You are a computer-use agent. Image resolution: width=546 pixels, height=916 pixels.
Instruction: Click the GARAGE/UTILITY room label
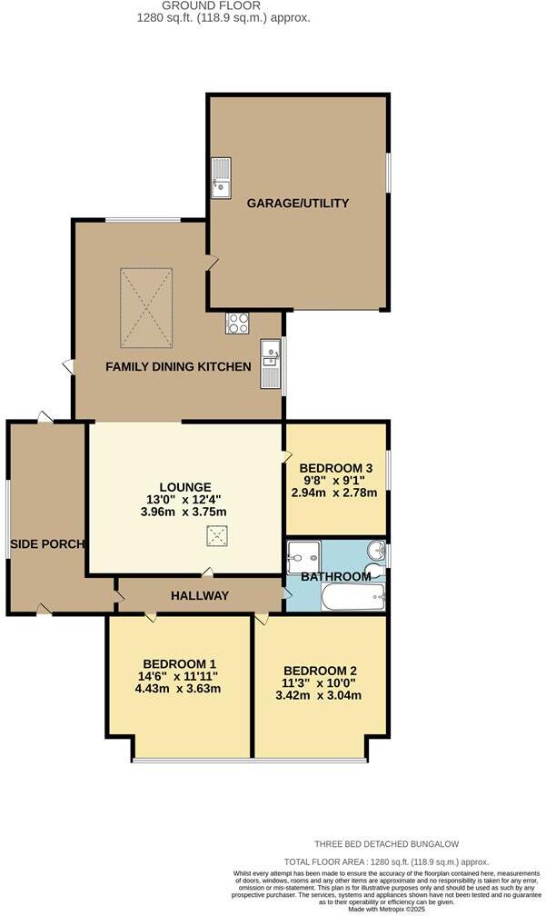(298, 204)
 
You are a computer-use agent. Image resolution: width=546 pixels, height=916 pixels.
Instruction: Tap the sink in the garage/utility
(221, 178)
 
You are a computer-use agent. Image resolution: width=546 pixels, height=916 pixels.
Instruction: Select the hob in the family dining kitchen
(237, 324)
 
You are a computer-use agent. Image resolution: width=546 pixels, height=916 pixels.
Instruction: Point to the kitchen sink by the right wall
(271, 363)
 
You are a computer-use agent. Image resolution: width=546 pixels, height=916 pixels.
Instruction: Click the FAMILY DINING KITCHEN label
(178, 367)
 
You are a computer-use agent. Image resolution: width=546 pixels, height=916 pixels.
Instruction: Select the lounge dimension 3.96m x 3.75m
(184, 512)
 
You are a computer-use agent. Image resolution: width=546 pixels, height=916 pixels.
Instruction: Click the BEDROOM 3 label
(336, 468)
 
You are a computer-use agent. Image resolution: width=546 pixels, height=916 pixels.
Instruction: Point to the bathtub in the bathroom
(354, 598)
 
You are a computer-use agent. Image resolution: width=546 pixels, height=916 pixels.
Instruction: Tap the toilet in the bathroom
(374, 552)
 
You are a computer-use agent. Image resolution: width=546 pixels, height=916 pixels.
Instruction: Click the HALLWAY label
(199, 596)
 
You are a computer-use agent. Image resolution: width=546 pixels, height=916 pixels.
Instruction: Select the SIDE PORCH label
(47, 544)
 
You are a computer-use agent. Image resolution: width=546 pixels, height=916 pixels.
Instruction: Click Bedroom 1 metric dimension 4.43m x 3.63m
(178, 688)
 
